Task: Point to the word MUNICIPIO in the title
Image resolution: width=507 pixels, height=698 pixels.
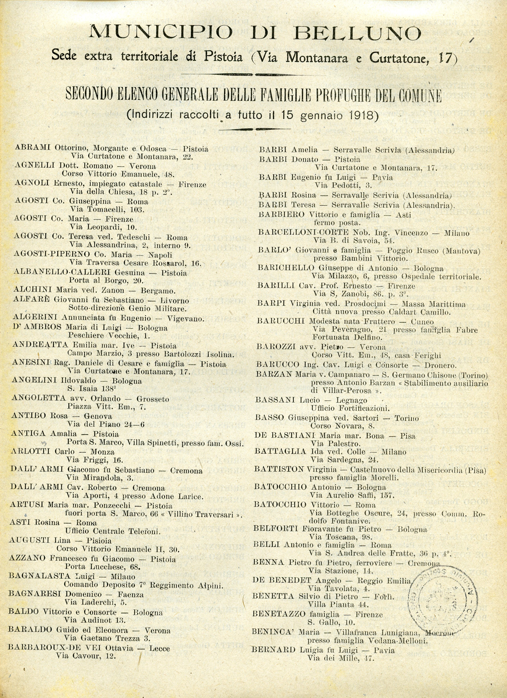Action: (x=160, y=32)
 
